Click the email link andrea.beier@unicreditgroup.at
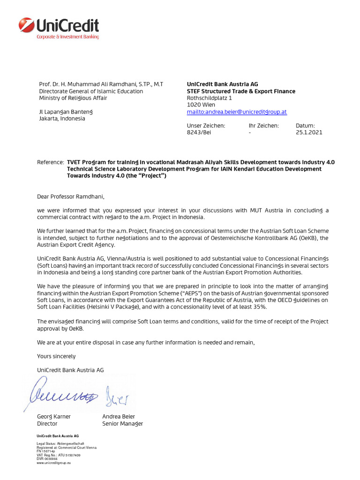[237, 112]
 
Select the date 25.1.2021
[309, 133]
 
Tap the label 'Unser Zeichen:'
[206, 126]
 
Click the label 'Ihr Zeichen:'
[263, 126]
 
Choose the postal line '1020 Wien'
[201, 105]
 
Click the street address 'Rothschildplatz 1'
[209, 98]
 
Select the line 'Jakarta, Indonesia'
[62, 119]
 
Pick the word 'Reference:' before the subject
[50, 162]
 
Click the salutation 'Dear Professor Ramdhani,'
[68, 196]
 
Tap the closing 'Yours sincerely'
[56, 356]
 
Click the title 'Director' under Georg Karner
[47, 424]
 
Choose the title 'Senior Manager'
[122, 424]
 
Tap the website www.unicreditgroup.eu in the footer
[53, 463]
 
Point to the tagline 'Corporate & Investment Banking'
[68, 37]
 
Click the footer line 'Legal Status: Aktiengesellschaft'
[60, 443]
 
